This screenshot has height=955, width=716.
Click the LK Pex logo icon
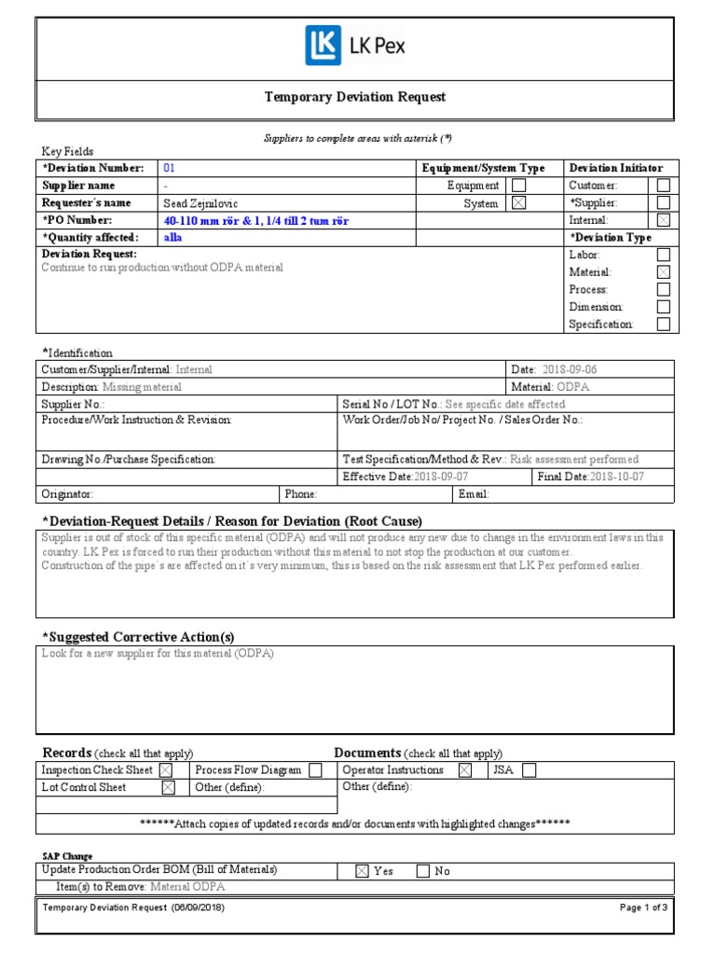tap(323, 45)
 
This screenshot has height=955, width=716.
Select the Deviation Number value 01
tap(169, 169)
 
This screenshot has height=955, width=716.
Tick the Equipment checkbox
tap(518, 186)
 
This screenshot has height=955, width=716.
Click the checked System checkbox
tap(518, 203)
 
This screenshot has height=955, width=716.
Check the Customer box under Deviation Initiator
tap(663, 186)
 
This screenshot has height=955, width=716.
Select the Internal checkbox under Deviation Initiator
tap(663, 220)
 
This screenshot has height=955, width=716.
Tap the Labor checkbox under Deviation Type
tap(663, 255)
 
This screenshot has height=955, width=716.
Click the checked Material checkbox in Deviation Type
tap(663, 272)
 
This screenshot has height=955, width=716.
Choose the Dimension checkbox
tap(663, 307)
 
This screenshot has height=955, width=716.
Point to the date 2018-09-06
tap(571, 369)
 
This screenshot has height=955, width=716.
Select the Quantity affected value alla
tap(172, 238)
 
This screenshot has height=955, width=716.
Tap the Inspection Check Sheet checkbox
tap(165, 770)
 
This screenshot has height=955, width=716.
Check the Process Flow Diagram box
tap(315, 770)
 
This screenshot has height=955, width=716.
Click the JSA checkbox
tap(529, 770)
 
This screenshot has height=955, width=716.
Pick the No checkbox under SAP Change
tap(422, 871)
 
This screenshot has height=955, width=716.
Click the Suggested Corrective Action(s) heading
tap(138, 637)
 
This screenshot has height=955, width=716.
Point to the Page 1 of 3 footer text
tap(643, 907)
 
